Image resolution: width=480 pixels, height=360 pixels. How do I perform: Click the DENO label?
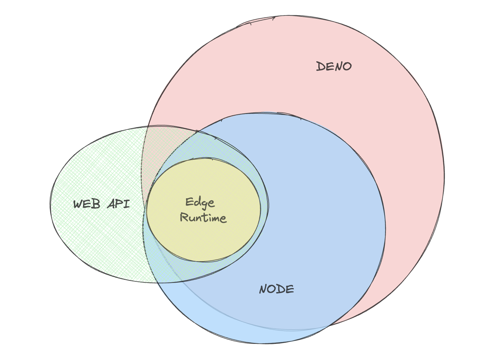[x=334, y=66]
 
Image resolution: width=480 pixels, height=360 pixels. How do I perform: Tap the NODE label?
[x=277, y=289]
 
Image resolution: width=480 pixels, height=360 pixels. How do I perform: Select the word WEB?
[x=87, y=204]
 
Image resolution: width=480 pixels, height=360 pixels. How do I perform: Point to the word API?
[x=119, y=204]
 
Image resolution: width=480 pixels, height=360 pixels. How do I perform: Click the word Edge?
[x=200, y=203]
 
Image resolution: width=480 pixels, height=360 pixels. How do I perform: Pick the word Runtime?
[x=203, y=218]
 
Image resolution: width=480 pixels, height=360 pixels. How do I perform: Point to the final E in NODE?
[x=291, y=289]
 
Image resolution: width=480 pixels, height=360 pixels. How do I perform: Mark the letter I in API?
[x=126, y=204]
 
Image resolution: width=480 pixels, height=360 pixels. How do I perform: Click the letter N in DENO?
[x=338, y=66]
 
